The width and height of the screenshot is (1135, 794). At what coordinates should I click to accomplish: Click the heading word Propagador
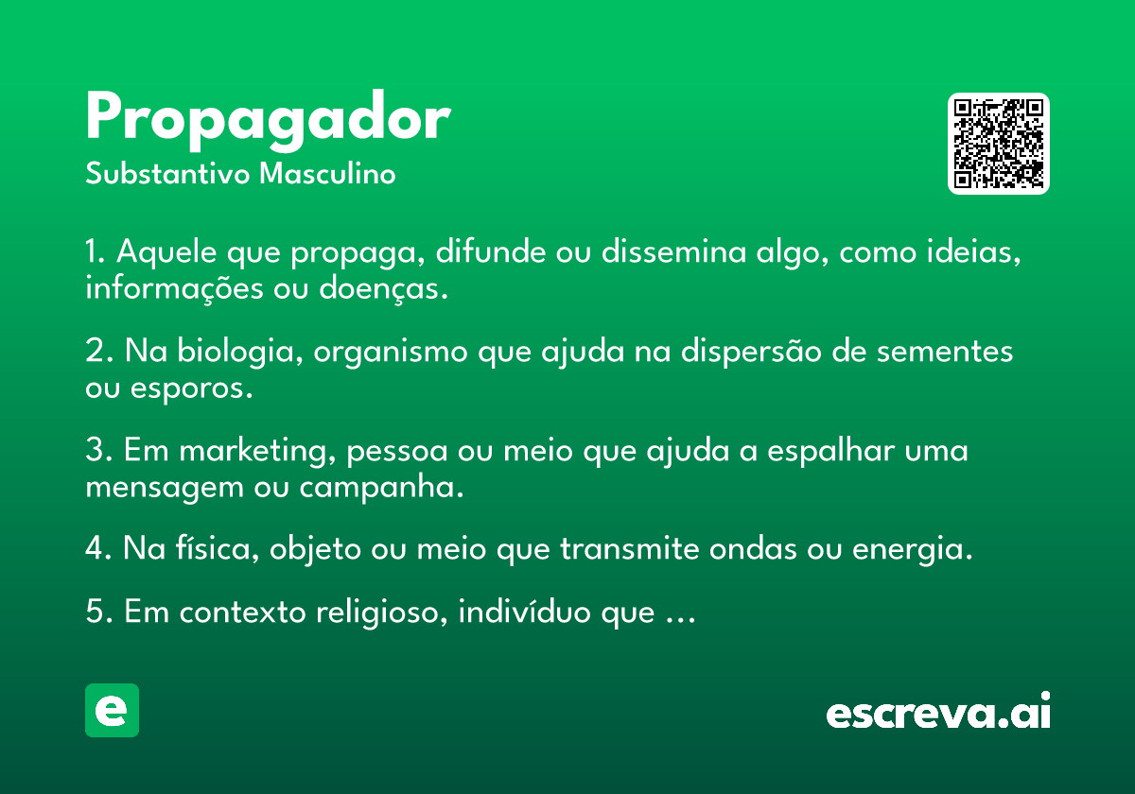(x=268, y=121)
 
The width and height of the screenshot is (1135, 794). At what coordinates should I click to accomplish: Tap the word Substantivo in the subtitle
(x=167, y=174)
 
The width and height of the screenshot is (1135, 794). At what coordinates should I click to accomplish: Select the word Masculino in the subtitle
(x=327, y=174)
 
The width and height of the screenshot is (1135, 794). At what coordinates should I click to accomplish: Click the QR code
(x=998, y=144)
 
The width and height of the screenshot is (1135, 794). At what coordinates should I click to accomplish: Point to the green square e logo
(x=112, y=710)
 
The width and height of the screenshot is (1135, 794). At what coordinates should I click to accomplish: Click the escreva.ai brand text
(x=938, y=711)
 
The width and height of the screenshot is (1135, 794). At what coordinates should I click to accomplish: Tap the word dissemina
(x=673, y=251)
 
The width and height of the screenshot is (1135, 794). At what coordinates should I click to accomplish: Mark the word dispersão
(x=751, y=352)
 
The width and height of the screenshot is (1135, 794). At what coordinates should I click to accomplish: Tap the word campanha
(x=381, y=488)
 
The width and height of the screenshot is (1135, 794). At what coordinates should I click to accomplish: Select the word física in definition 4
(x=218, y=549)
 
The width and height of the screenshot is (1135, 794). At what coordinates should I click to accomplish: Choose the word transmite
(x=629, y=549)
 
